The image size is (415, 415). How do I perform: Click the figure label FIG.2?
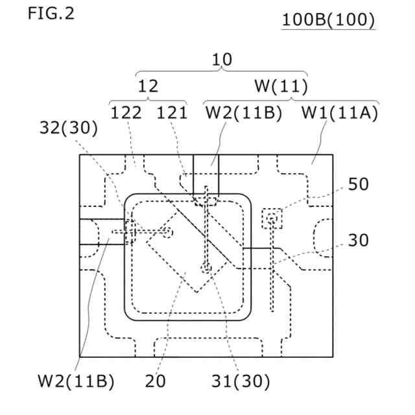coord(51,14)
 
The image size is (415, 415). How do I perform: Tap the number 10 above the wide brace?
coord(222,60)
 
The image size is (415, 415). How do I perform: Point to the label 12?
coord(148,86)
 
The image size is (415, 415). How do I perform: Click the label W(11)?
coord(280,86)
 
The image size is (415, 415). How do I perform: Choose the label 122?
coord(126,113)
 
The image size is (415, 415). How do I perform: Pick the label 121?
coord(172,113)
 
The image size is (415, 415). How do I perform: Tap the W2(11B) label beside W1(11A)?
coord(244,113)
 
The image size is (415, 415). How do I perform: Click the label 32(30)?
coord(68,129)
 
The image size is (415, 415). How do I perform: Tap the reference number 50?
coord(358,184)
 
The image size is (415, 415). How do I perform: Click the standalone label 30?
coord(358,241)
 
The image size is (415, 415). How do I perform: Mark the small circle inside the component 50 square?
coord(272,219)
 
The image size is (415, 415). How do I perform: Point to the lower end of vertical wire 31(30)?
coord(206,267)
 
